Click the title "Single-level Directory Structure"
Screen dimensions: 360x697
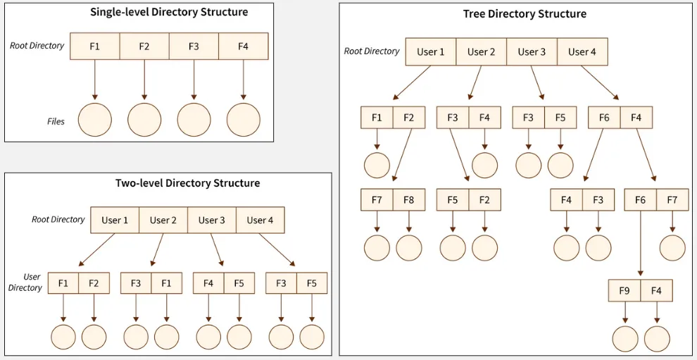click(x=169, y=12)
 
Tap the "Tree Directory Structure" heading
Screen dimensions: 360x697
click(x=525, y=13)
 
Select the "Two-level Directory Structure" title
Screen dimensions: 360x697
click(x=187, y=183)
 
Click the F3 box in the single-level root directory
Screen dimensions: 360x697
click(x=194, y=46)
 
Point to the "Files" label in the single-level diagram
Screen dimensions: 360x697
click(x=56, y=121)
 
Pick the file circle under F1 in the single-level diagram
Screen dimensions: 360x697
click(x=95, y=120)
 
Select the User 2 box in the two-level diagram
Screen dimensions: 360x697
click(x=163, y=220)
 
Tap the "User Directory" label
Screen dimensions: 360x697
click(x=25, y=283)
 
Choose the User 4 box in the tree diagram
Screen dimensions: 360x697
click(x=582, y=51)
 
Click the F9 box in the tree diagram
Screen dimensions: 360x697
click(x=624, y=290)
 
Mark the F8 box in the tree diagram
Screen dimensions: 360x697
click(x=409, y=200)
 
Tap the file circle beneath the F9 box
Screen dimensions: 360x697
click(x=624, y=339)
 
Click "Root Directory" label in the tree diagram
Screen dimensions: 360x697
click(x=371, y=51)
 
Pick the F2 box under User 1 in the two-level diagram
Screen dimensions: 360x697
click(x=94, y=283)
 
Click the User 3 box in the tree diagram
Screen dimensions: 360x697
click(x=532, y=51)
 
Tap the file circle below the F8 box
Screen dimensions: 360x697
click(x=409, y=248)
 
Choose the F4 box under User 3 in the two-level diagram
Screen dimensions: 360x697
click(x=208, y=283)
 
